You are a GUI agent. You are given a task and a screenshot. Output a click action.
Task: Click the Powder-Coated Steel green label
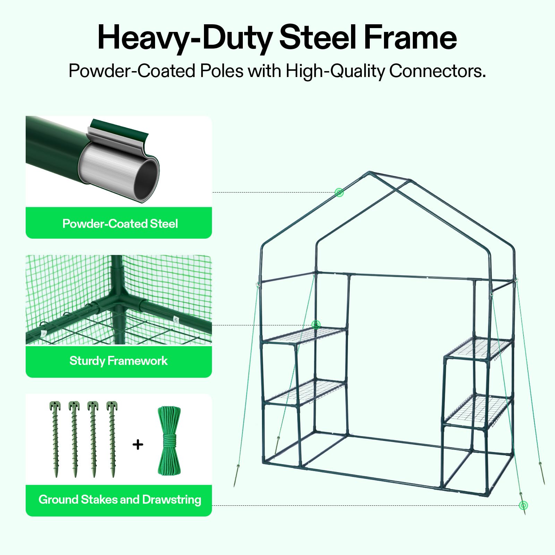(x=119, y=223)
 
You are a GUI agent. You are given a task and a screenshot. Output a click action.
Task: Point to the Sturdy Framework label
(x=119, y=361)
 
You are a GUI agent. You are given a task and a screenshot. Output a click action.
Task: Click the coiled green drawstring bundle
(x=169, y=441)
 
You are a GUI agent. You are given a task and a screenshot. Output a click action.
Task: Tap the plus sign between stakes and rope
(x=138, y=444)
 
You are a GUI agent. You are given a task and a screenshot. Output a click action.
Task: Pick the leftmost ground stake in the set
(x=55, y=439)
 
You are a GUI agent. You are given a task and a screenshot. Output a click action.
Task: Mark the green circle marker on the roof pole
(x=339, y=192)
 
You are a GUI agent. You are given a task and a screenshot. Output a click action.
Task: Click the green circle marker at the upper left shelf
(x=316, y=325)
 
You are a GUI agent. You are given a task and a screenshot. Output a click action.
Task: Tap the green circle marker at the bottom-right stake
(x=523, y=505)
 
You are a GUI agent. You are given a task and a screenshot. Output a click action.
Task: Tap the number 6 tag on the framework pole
(x=176, y=319)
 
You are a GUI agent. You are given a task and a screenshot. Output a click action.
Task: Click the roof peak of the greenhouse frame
(x=370, y=172)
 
